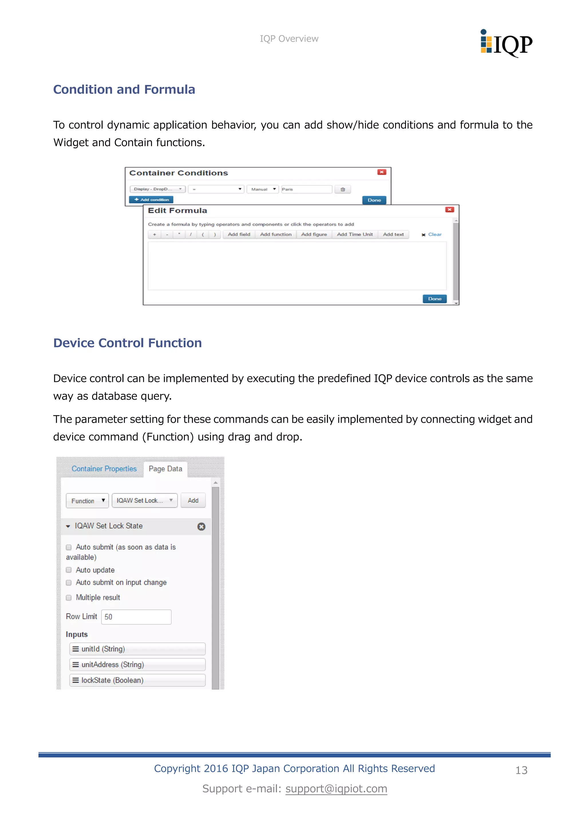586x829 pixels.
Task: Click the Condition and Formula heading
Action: point(124,90)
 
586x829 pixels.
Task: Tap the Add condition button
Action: point(151,200)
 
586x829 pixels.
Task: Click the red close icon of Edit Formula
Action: point(449,210)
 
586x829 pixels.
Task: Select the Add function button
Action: point(276,234)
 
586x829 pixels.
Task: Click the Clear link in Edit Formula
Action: point(434,234)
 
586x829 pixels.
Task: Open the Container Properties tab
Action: point(104,469)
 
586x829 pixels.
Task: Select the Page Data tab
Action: point(165,469)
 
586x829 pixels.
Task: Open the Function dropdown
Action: point(87,501)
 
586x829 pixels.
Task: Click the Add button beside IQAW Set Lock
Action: point(193,500)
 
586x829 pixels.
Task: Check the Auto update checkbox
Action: point(69,570)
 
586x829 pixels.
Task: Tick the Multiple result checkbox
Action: point(69,597)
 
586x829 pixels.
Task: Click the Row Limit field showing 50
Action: point(136,617)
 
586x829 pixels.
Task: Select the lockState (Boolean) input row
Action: point(137,680)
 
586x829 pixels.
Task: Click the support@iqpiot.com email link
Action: point(336,789)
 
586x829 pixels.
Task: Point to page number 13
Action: point(521,770)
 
